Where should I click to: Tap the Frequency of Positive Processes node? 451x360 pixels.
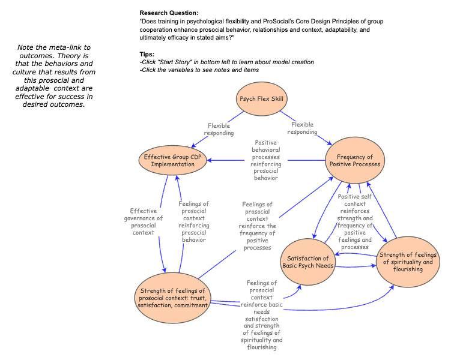(x=354, y=160)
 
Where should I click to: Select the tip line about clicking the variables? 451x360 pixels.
(x=199, y=70)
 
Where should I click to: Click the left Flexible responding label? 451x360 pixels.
(x=219, y=129)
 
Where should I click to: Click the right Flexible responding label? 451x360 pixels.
(x=303, y=128)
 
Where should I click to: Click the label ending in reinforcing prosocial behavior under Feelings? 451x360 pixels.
(x=194, y=221)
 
